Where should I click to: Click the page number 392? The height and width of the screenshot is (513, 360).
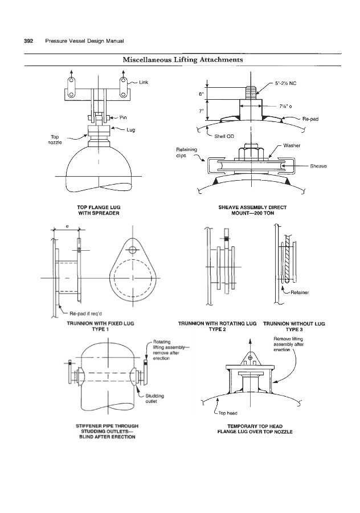click(28, 41)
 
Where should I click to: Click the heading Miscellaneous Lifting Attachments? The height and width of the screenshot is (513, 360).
click(183, 59)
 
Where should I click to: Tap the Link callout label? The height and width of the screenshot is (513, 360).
click(144, 82)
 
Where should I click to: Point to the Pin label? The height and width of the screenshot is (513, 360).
click(123, 117)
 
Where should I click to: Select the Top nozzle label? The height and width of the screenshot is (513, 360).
click(55, 140)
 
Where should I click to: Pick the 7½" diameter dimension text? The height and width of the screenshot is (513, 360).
click(285, 106)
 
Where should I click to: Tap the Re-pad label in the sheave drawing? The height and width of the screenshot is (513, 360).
click(310, 119)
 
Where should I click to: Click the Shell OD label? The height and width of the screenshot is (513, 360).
click(224, 136)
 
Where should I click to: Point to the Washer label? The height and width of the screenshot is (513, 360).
click(292, 145)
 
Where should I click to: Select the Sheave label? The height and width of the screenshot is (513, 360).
click(318, 166)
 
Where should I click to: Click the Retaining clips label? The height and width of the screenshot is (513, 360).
click(187, 152)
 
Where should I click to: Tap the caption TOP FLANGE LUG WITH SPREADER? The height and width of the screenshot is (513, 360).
click(99, 210)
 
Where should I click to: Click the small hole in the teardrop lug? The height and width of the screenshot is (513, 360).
click(132, 250)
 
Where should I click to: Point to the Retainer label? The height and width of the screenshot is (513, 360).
click(300, 292)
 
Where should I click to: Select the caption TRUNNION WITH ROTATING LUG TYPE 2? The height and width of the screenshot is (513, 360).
click(218, 326)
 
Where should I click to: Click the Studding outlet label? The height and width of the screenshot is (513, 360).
click(154, 398)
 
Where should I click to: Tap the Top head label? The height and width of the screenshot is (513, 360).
click(228, 413)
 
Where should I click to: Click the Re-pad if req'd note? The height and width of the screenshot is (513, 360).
click(86, 313)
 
